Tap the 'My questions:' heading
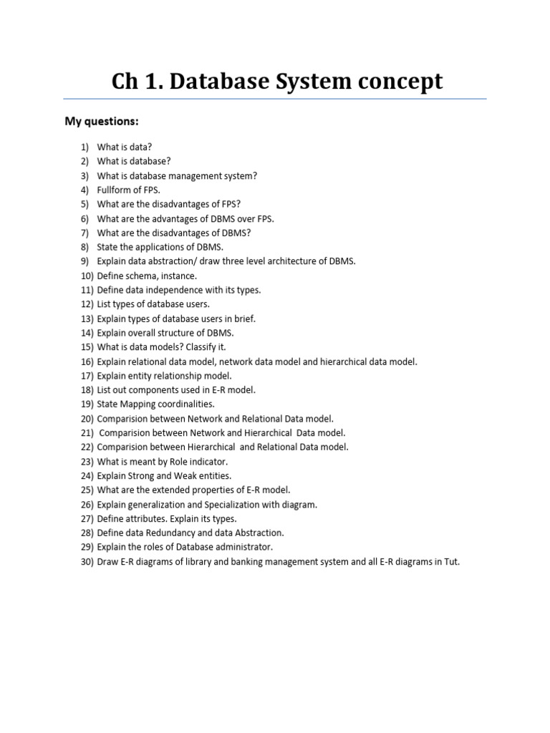pyautogui.click(x=101, y=121)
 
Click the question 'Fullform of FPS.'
pyautogui.click(x=129, y=190)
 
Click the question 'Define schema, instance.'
pyautogui.click(x=147, y=276)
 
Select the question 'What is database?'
pyautogui.click(x=134, y=161)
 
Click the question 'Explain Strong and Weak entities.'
pyautogui.click(x=164, y=475)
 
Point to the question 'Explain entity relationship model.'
pyautogui.click(x=165, y=375)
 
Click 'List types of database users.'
pyautogui.click(x=153, y=304)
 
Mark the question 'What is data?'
pyautogui.click(x=125, y=147)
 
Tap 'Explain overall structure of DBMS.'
pyautogui.click(x=165, y=333)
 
